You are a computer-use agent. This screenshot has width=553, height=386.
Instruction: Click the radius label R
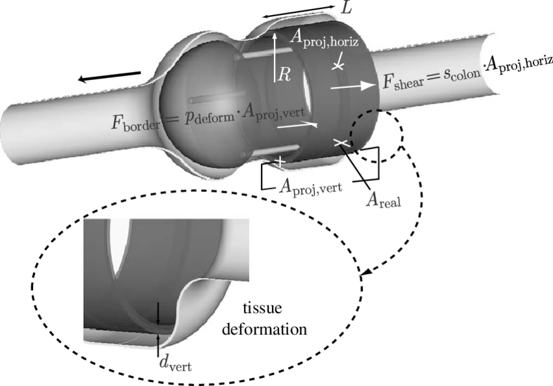tap(284, 74)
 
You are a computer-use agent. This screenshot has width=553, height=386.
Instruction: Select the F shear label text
tap(398, 83)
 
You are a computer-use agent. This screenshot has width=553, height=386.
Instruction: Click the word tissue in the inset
tap(263, 309)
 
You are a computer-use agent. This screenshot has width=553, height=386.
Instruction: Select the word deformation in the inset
tap(263, 329)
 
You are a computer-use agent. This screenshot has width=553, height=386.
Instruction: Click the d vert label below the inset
tap(176, 364)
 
